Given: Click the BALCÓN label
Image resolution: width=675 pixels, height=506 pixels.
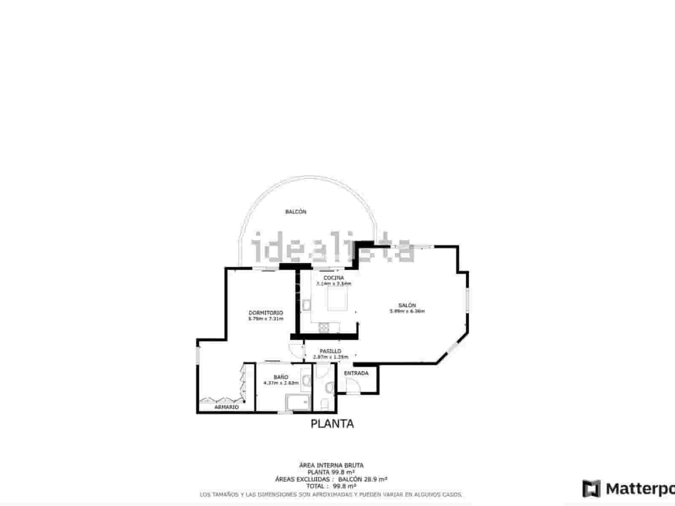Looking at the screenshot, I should [x=296, y=212].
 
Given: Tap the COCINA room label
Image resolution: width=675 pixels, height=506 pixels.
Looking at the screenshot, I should [x=334, y=278].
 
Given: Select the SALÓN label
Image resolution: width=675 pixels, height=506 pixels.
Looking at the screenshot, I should [x=407, y=305].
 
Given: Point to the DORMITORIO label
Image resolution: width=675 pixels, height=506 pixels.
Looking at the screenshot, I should [x=266, y=313].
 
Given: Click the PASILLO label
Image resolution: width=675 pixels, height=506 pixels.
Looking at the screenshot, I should [x=330, y=351].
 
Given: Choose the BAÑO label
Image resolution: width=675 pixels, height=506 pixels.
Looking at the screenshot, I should [x=281, y=377].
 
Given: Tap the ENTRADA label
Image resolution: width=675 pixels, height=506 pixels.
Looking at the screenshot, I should [x=356, y=373].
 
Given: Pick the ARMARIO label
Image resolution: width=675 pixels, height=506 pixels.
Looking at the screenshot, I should [x=227, y=407].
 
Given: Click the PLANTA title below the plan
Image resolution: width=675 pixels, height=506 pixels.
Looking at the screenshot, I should [x=332, y=424].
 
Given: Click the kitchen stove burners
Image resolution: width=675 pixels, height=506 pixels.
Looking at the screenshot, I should [x=324, y=326].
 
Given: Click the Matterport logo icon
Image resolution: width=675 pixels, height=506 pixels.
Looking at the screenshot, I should [x=591, y=489].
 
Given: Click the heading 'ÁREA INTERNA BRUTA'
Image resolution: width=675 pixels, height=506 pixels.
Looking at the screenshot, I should [x=331, y=466].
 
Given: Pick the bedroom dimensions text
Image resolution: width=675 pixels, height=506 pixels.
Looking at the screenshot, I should [x=266, y=319].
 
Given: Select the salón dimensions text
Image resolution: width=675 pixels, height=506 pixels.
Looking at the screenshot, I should [x=407, y=312].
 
